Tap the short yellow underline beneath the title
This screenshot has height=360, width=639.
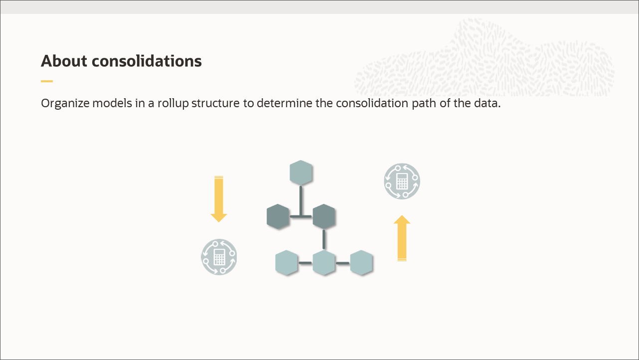pyautogui.click(x=47, y=81)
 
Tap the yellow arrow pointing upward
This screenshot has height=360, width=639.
pyautogui.click(x=402, y=238)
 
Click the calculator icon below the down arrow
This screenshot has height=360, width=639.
pyautogui.click(x=219, y=257)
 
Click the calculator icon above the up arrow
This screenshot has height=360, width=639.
pyautogui.click(x=402, y=181)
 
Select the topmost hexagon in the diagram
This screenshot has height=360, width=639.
pyautogui.click(x=301, y=173)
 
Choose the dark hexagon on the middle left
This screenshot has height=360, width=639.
pyautogui.click(x=278, y=216)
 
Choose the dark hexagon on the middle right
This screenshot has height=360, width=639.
pyautogui.click(x=323, y=216)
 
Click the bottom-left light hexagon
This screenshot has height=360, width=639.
pyautogui.click(x=287, y=263)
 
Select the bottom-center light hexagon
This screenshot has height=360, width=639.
pyautogui.click(x=324, y=263)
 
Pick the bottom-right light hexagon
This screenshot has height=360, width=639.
pyautogui.click(x=361, y=263)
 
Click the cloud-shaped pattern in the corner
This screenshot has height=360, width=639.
pyautogui.click(x=483, y=60)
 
